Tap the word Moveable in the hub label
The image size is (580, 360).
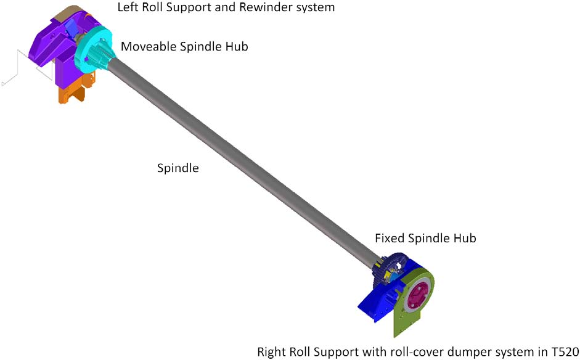pos(149,47)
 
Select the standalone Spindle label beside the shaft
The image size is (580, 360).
pos(178,168)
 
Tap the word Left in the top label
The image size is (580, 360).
pos(128,7)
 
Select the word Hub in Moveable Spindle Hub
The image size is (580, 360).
pos(235,47)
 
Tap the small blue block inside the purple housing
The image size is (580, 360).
pos(70,28)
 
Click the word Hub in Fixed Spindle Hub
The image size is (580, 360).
pos(464,238)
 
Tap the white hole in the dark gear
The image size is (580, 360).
pos(398,265)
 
